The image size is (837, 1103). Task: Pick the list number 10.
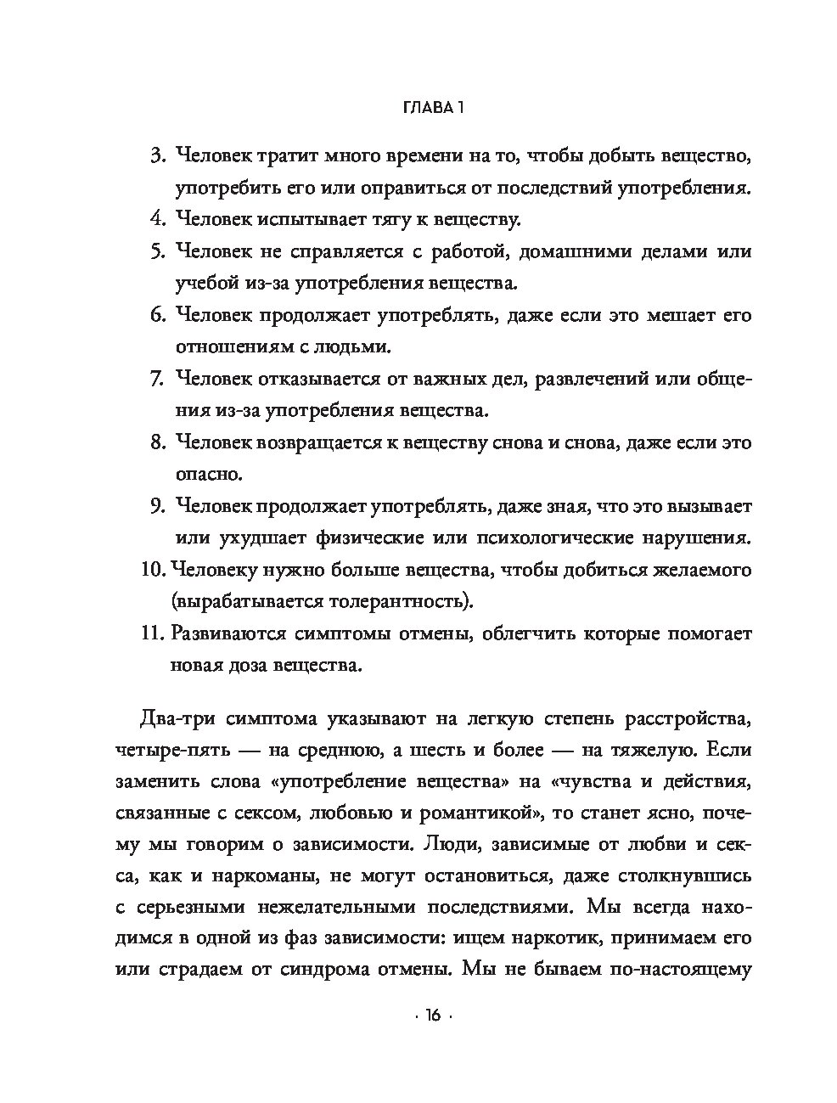[x=150, y=570]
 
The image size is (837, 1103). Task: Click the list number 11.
[x=150, y=633]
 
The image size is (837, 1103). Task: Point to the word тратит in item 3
[x=289, y=156]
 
